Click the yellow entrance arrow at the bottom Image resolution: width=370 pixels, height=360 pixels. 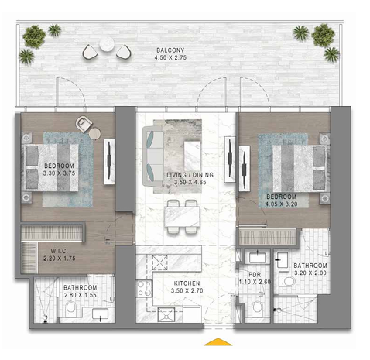[218, 341]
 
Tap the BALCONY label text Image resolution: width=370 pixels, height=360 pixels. [170, 50]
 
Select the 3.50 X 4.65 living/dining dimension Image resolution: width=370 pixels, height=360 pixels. [190, 182]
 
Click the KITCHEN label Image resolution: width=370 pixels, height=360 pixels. [187, 283]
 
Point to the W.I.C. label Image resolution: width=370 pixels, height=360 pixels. [59, 251]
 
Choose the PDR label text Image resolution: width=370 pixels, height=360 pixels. [255, 275]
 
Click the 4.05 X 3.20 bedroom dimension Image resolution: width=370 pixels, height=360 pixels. [282, 204]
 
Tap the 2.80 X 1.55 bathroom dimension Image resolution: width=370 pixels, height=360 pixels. [81, 295]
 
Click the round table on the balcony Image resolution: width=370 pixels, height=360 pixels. [107, 44]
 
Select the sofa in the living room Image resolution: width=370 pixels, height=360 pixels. [152, 156]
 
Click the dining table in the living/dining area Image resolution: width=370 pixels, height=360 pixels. [183, 217]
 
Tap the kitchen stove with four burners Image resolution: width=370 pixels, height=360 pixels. [144, 288]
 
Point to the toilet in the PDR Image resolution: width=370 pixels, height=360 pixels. [257, 307]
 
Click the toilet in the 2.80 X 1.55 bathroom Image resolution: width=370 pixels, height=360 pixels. [70, 308]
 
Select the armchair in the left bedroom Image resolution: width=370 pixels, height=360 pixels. [84, 124]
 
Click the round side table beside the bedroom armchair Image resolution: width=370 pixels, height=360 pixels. [94, 134]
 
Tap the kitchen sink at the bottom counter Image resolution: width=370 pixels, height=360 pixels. [166, 314]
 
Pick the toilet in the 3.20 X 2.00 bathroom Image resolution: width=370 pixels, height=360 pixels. [288, 281]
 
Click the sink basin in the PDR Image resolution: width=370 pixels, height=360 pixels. [257, 258]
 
